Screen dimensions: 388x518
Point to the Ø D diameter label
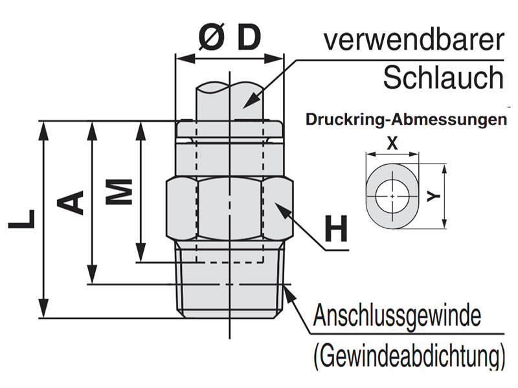pyautogui.click(x=229, y=39)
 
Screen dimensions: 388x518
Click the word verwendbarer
pyautogui.click(x=413, y=40)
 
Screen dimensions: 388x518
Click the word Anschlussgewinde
pyautogui.click(x=398, y=318)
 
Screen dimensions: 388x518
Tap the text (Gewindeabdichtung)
pyautogui.click(x=409, y=355)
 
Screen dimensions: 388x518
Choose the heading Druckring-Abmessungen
pyautogui.click(x=405, y=120)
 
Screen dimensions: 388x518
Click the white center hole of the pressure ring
pyautogui.click(x=392, y=193)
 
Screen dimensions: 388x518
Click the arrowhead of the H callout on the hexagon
pyautogui.click(x=280, y=208)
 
